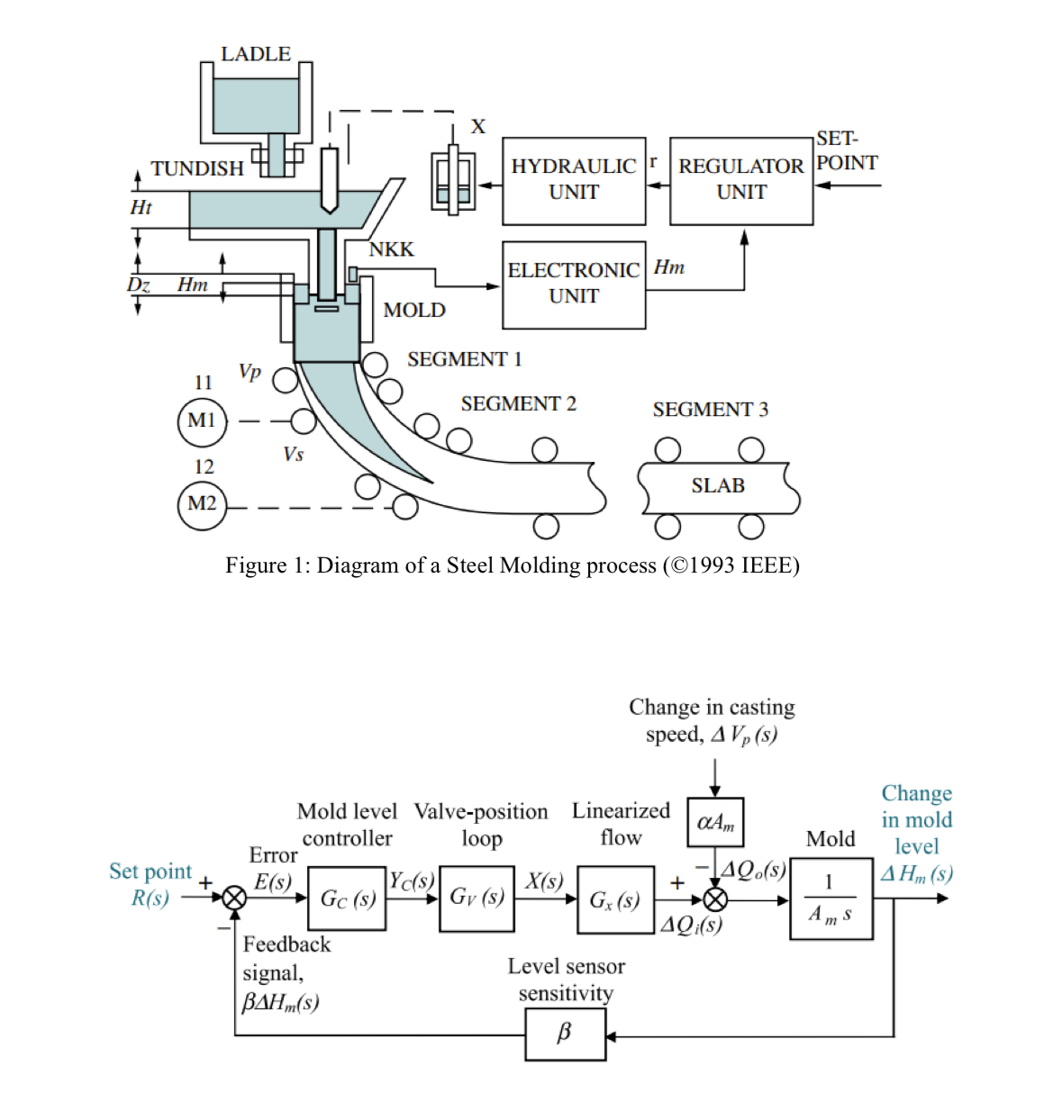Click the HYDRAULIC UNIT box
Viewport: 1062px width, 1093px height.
click(574, 180)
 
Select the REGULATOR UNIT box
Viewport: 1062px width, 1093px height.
click(741, 180)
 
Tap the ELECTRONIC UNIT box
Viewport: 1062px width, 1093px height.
click(574, 284)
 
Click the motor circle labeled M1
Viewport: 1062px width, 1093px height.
click(202, 420)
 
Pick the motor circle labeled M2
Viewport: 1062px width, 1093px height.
click(202, 503)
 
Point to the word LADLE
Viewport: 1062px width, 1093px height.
click(256, 54)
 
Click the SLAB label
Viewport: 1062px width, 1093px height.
click(718, 486)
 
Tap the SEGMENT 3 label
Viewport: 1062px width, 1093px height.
click(710, 410)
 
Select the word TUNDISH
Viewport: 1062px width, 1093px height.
click(197, 168)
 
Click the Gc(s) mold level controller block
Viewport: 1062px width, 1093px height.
click(348, 899)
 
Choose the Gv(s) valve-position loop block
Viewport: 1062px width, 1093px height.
click(477, 898)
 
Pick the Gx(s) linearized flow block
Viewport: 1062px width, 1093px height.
click(615, 899)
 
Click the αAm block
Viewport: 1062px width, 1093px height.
click(715, 822)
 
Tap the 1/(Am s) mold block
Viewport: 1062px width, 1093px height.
click(831, 899)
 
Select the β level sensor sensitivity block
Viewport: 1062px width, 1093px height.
click(565, 1034)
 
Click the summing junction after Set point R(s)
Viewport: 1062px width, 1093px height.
click(234, 898)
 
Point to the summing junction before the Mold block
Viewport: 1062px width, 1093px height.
click(715, 899)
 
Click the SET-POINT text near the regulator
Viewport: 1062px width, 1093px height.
click(846, 151)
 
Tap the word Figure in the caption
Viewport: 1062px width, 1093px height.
click(256, 565)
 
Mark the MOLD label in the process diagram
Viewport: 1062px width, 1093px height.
click(414, 310)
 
